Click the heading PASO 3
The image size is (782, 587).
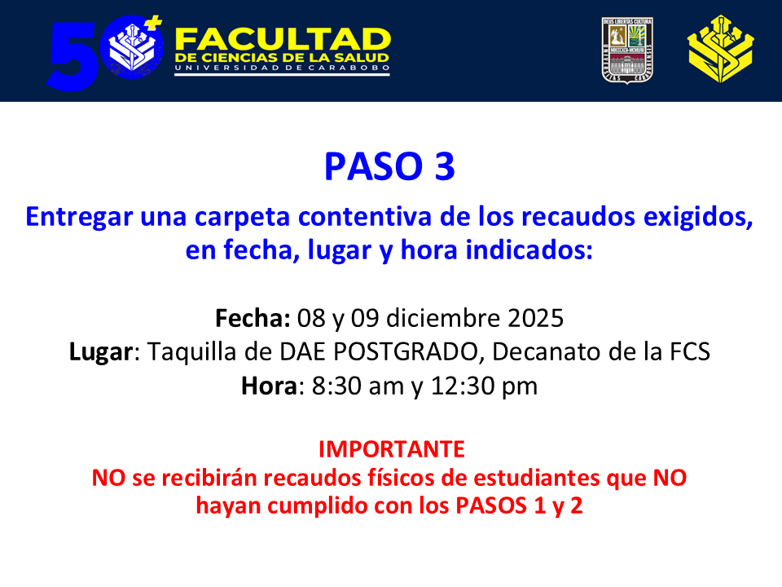pos(389,166)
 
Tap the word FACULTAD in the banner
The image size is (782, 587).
pos(283,39)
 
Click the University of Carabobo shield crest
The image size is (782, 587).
pos(627,50)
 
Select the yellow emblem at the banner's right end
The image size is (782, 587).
pos(721,49)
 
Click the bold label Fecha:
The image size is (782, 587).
pos(253,318)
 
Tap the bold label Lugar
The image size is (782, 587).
pos(101,352)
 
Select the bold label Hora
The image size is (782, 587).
pos(270,386)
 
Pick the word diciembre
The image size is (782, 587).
pos(443,318)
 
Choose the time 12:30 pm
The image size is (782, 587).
pos(484,386)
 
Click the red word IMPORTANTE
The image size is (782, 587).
pos(392,449)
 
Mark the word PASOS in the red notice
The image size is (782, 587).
pos(491,505)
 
